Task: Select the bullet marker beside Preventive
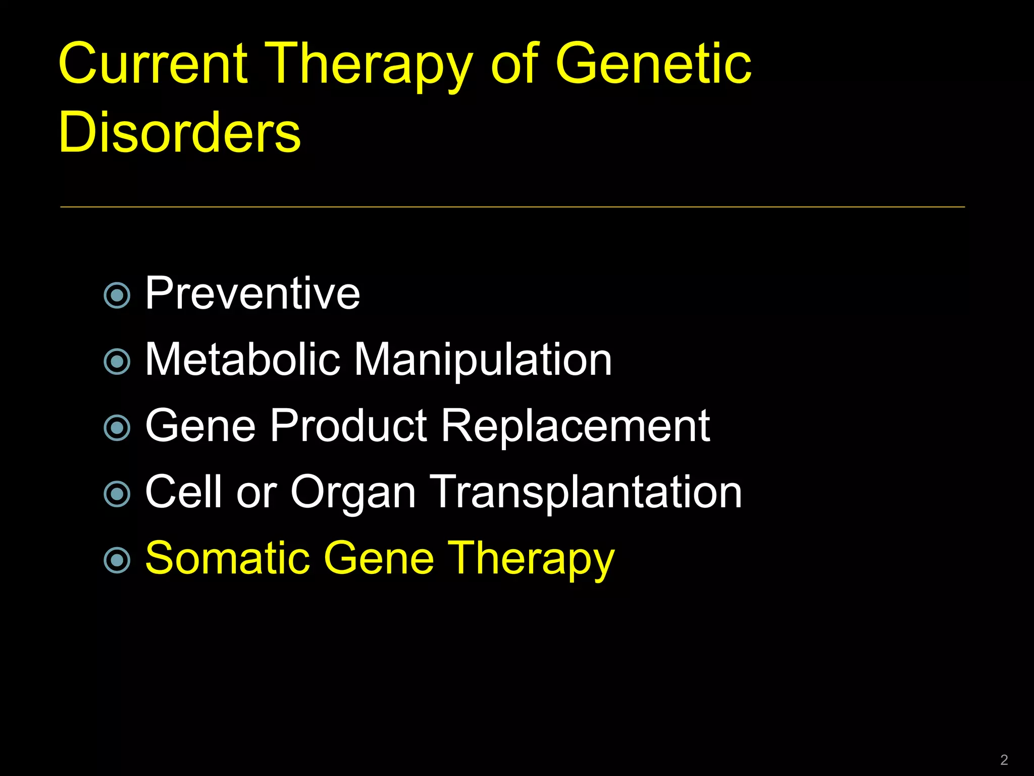point(117,295)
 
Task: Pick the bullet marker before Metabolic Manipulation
point(117,361)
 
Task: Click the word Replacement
point(576,427)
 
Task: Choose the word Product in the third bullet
point(349,426)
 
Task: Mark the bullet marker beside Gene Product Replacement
point(117,428)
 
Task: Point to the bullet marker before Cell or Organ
point(117,494)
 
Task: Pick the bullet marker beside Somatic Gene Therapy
point(117,560)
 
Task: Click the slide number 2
point(1004,760)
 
